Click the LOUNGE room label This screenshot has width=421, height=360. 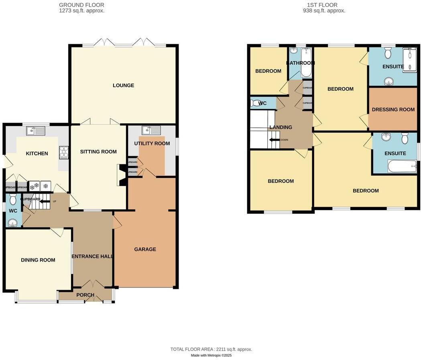point(123,86)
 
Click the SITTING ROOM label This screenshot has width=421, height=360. point(98,152)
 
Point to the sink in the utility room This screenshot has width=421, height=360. point(152,130)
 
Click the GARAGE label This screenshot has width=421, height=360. point(145,250)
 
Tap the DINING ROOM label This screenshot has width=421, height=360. point(38,260)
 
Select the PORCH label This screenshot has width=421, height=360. point(85,295)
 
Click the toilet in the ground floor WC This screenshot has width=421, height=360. point(13,199)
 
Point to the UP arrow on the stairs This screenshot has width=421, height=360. point(45,201)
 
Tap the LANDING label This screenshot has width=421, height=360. point(281,127)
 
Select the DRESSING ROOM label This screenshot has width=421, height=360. point(393,110)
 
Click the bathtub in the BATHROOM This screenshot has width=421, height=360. point(306,63)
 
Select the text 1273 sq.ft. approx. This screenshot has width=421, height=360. point(81,11)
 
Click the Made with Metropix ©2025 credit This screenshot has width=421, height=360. point(211,355)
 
